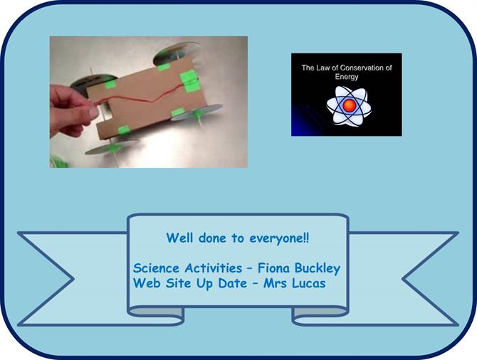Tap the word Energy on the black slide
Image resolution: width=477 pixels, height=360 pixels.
pyautogui.click(x=347, y=77)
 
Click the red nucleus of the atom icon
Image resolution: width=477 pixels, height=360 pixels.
pyautogui.click(x=350, y=105)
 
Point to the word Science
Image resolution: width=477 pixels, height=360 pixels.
pyautogui.click(x=156, y=268)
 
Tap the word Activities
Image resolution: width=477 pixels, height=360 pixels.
pyautogui.click(x=214, y=268)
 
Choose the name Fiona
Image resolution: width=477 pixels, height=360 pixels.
pyautogui.click(x=273, y=268)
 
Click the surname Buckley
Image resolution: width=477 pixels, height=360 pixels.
pyautogui.click(x=318, y=269)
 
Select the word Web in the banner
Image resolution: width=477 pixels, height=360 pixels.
pyautogui.click(x=147, y=283)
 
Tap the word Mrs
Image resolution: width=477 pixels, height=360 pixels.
pyautogui.click(x=275, y=283)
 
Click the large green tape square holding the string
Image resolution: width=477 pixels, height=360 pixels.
pyautogui.click(x=189, y=80)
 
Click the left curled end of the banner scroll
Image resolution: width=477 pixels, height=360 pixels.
pyautogui.click(x=156, y=316)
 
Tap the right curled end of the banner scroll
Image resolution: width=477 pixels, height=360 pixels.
pyautogui.click(x=320, y=316)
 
